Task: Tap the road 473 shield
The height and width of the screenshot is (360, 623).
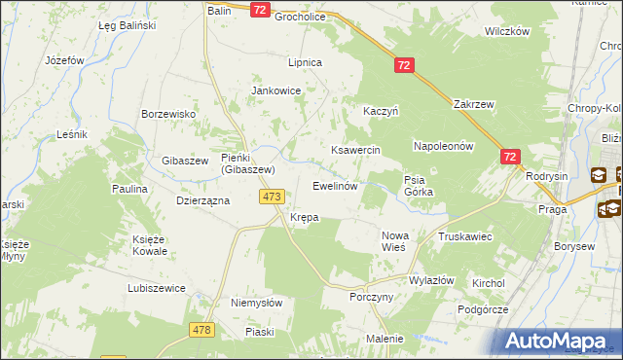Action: [272, 197]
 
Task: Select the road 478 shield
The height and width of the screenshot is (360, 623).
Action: [202, 329]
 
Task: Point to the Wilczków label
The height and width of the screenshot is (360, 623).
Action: [506, 31]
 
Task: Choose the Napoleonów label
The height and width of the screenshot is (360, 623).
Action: [443, 146]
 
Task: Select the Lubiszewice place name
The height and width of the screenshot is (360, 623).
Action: [157, 289]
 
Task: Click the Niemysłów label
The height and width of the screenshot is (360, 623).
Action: [256, 303]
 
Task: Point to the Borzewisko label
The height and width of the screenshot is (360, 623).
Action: [169, 114]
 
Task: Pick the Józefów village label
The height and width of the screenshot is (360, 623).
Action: [66, 60]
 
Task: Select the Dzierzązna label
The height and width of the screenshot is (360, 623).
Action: [202, 199]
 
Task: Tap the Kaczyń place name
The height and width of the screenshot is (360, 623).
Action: [382, 112]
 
